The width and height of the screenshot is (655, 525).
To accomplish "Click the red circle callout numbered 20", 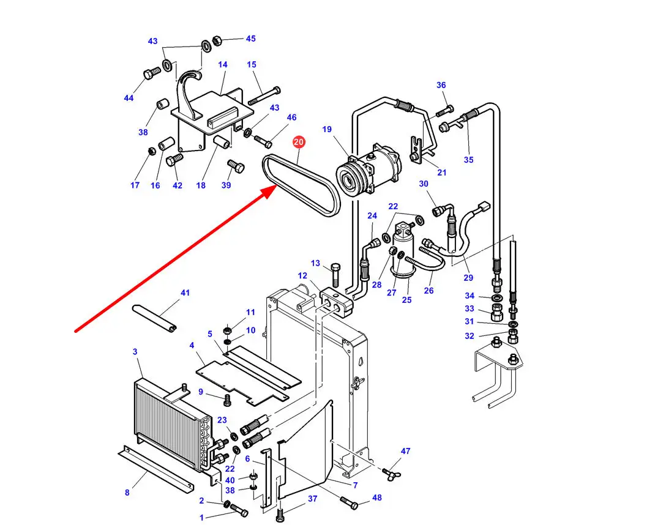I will click(299, 143).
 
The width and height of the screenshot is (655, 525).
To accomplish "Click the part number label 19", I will click(327, 129).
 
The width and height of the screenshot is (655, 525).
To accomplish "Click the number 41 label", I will click(185, 293).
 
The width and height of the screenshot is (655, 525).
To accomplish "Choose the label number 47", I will click(405, 452).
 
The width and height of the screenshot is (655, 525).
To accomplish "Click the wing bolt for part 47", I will click(387, 472).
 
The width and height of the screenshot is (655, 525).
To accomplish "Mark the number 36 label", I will click(441, 85).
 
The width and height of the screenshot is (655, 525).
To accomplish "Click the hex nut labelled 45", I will click(216, 42).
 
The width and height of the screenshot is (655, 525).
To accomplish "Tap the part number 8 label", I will click(127, 493).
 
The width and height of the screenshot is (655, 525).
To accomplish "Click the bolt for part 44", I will click(151, 75).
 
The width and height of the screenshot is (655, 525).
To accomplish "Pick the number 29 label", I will click(468, 277).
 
